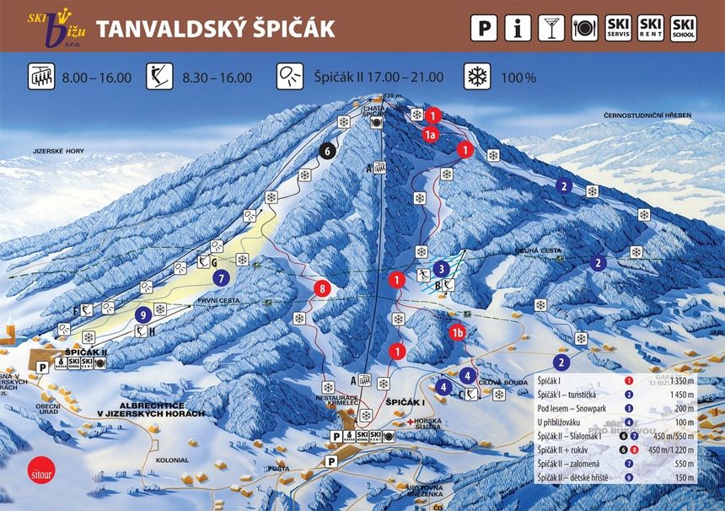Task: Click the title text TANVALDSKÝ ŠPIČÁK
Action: [215, 28]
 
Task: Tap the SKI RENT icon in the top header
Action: [651, 28]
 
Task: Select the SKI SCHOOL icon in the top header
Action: [684, 28]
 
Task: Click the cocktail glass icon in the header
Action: [551, 28]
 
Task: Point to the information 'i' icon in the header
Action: [518, 28]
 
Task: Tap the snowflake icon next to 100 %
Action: [477, 77]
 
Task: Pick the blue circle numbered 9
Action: [143, 315]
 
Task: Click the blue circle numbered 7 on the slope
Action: [222, 276]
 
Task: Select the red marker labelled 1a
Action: [430, 133]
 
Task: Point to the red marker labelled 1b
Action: [458, 331]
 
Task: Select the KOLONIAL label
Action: [172, 460]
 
